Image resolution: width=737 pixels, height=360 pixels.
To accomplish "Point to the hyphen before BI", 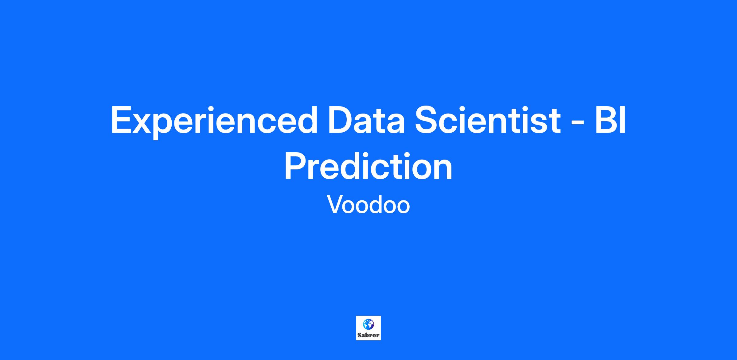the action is (578, 124).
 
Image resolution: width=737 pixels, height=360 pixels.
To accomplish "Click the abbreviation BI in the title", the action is (610, 120).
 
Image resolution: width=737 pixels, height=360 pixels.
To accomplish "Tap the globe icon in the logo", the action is (368, 324).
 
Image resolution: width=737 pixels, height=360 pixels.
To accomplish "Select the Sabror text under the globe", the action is (368, 335).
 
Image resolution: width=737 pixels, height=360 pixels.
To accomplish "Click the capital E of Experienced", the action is (122, 120).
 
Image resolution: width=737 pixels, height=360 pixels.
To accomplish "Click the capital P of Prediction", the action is (296, 166).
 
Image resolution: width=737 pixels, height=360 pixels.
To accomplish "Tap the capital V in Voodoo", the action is (335, 204).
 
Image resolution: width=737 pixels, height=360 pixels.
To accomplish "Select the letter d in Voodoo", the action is (373, 204).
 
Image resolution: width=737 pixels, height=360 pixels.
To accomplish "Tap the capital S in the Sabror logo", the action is (359, 335).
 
